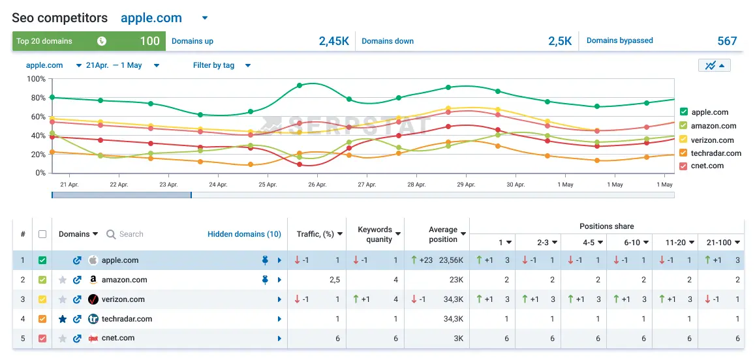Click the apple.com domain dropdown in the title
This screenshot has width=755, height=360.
pyautogui.click(x=204, y=18)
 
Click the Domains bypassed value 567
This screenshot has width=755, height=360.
pyautogui.click(x=727, y=41)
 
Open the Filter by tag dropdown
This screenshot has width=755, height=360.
pyautogui.click(x=222, y=65)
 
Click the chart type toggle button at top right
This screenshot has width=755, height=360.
pyautogui.click(x=714, y=65)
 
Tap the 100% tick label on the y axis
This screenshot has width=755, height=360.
pyautogui.click(x=36, y=80)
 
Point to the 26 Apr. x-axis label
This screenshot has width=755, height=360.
pyautogui.click(x=317, y=185)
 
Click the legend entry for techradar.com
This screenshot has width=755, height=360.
pyautogui.click(x=716, y=153)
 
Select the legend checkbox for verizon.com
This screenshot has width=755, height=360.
pyautogui.click(x=684, y=140)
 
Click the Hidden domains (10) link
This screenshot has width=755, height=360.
pyautogui.click(x=244, y=234)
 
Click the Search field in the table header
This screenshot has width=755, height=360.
pyautogui.click(x=131, y=234)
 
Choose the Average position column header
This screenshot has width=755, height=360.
pyautogui.click(x=443, y=234)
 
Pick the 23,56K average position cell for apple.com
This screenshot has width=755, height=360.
pyautogui.click(x=452, y=260)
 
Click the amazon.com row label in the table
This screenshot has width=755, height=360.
pyautogui.click(x=124, y=280)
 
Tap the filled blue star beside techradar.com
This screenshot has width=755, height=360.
pyautogui.click(x=63, y=319)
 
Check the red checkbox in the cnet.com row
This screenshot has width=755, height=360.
pyautogui.click(x=42, y=338)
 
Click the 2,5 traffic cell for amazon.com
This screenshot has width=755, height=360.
pyautogui.click(x=335, y=280)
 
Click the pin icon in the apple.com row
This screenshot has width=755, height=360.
pyautogui.click(x=265, y=260)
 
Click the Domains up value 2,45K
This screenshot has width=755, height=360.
pyautogui.click(x=333, y=41)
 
